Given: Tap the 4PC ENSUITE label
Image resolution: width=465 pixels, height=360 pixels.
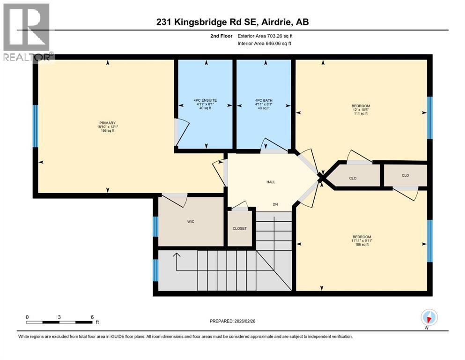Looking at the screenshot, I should click(x=204, y=100).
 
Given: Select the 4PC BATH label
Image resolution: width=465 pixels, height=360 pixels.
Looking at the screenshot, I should click(x=264, y=100).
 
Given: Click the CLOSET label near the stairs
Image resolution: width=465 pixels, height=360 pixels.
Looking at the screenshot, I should click(x=239, y=229).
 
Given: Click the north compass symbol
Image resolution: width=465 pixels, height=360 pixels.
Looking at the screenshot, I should click(x=429, y=318).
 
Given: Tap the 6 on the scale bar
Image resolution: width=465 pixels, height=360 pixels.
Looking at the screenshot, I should click(x=92, y=317).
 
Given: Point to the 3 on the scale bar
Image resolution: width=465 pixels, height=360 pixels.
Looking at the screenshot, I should click(x=59, y=317).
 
